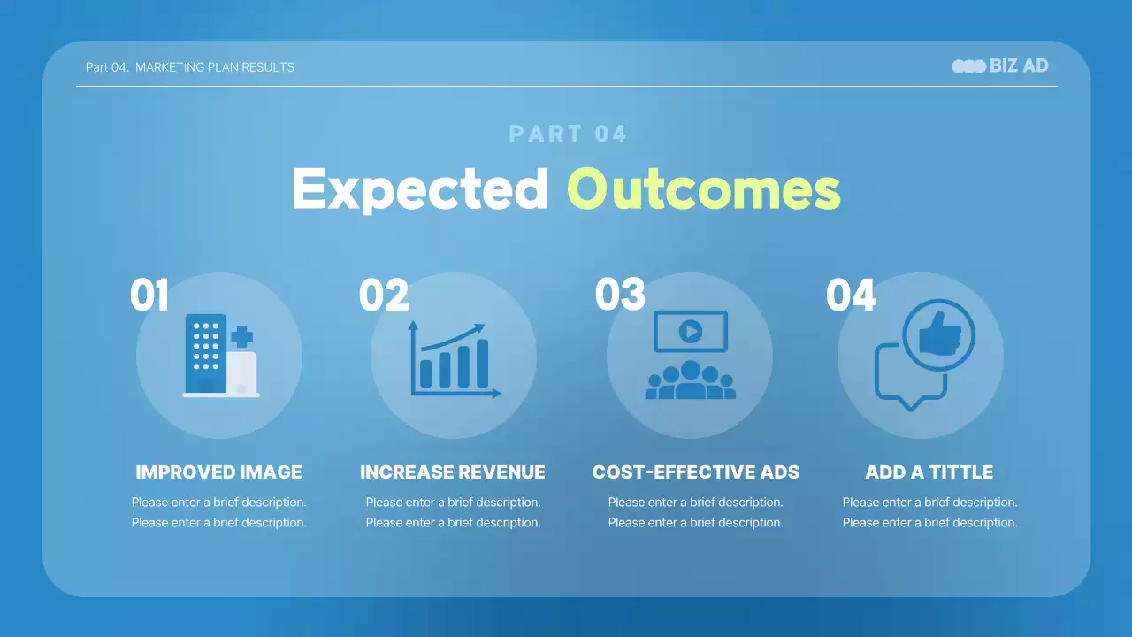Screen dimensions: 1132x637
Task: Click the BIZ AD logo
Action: click(1000, 66)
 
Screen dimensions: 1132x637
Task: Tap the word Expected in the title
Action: click(420, 189)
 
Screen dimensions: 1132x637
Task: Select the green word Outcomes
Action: click(703, 189)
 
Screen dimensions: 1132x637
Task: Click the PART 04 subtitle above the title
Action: click(568, 134)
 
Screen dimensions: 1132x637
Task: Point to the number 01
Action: click(149, 295)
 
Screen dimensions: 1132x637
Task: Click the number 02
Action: click(384, 295)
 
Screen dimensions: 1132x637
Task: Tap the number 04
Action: click(851, 295)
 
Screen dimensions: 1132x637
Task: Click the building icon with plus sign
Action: click(221, 356)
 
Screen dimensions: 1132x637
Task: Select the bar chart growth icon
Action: click(455, 359)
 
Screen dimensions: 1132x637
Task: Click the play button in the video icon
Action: click(691, 332)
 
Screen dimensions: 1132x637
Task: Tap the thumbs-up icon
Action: click(939, 334)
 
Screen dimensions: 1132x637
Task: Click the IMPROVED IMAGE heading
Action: click(218, 472)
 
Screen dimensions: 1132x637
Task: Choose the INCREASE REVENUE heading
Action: click(453, 472)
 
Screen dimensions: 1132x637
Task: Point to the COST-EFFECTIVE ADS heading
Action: click(696, 472)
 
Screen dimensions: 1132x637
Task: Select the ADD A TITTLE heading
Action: click(929, 472)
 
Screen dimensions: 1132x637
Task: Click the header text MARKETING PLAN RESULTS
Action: click(215, 67)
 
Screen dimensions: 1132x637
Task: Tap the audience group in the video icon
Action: click(691, 380)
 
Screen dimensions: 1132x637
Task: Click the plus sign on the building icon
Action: click(241, 337)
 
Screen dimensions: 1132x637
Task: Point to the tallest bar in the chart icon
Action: click(482, 363)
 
